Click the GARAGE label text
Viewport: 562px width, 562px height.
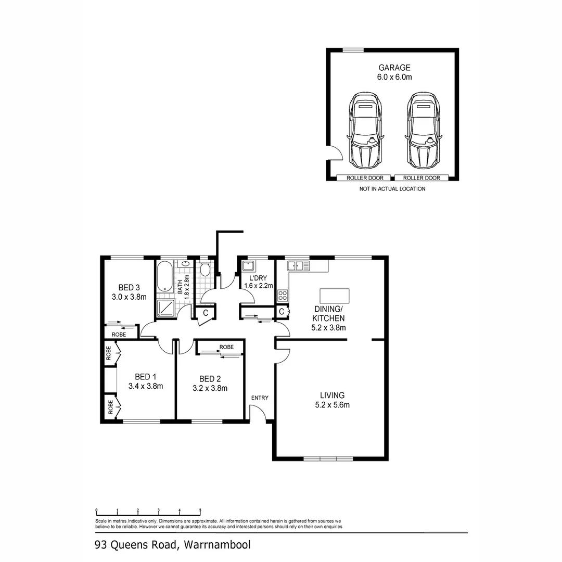pyautogui.click(x=394, y=68)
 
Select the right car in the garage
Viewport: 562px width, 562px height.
pyautogui.click(x=424, y=130)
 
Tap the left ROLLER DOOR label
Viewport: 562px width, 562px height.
pyautogui.click(x=365, y=178)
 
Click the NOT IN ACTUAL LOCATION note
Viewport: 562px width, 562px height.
pyautogui.click(x=392, y=189)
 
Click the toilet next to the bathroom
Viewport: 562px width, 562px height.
pyautogui.click(x=205, y=269)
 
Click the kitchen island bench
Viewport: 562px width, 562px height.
pyautogui.click(x=335, y=296)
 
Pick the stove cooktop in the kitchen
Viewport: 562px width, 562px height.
pyautogui.click(x=283, y=296)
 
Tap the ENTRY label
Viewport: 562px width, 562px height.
pyautogui.click(x=260, y=398)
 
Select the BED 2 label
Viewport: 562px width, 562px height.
pyautogui.click(x=210, y=378)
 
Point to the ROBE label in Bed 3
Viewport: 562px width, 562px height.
pyautogui.click(x=119, y=335)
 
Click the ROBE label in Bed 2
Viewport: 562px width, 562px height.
pyautogui.click(x=226, y=347)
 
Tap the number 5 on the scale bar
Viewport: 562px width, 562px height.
pyautogui.click(x=200, y=510)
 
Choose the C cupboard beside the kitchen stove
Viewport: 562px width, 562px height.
pyautogui.click(x=282, y=312)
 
